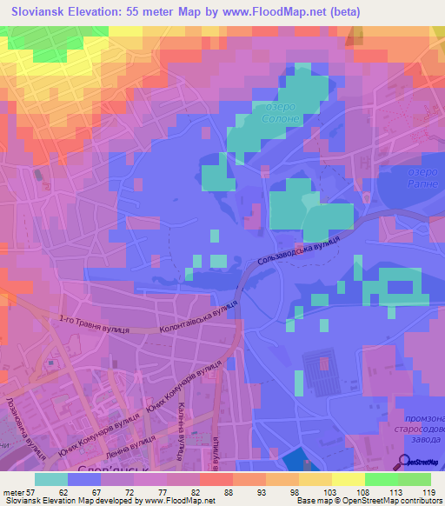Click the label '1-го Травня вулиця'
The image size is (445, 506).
click(x=95, y=324)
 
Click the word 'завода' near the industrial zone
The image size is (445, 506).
click(x=421, y=438)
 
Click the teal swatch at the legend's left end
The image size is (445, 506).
click(x=50, y=478)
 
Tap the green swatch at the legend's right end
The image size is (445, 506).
click(x=415, y=478)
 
